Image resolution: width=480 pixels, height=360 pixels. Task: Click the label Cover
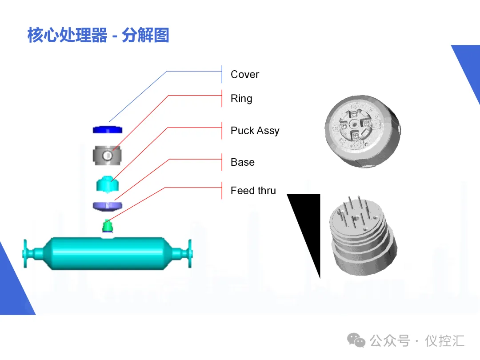pos(244,74)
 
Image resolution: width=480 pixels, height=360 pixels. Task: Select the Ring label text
pos(241,98)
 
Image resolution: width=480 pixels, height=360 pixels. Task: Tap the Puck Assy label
pos(255,131)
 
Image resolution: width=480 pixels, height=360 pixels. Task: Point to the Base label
pos(243,162)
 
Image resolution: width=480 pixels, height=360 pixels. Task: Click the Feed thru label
pos(253,191)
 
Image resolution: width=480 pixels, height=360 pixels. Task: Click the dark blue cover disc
pos(108,129)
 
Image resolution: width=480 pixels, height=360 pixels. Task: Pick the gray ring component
pos(108,155)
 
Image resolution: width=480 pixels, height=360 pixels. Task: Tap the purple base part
pos(108,206)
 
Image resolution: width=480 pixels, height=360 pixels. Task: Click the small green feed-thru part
pos(107,226)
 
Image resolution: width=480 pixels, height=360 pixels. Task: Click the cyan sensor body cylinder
pos(108,253)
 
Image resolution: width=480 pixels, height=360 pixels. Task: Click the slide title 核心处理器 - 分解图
pos(98,35)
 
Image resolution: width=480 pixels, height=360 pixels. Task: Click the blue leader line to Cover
pos(138,96)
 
